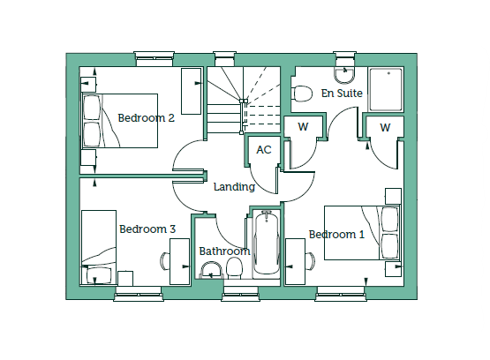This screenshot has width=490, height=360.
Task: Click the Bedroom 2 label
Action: click(x=146, y=118)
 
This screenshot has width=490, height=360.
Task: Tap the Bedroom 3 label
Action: click(x=147, y=229)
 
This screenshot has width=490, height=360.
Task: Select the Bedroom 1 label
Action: click(x=336, y=235)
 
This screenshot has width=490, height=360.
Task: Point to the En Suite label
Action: click(x=342, y=93)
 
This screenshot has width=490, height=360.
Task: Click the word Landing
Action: click(x=234, y=187)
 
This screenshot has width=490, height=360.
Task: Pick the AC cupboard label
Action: click(x=264, y=150)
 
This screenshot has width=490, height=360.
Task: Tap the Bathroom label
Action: click(x=224, y=251)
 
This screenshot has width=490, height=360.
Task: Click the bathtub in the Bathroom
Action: click(x=267, y=244)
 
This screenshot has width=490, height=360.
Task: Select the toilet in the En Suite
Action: click(x=302, y=94)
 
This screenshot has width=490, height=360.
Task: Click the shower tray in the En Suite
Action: click(x=385, y=89)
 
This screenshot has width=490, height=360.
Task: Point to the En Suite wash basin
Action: click(x=344, y=76)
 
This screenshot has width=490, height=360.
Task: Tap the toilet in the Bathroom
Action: click(x=234, y=268)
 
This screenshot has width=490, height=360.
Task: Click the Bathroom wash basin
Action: click(x=211, y=270)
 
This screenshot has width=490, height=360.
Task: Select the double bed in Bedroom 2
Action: click(x=120, y=121)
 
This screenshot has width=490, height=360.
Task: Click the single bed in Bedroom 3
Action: click(x=99, y=247)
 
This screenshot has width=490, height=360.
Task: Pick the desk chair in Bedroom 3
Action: click(x=165, y=261)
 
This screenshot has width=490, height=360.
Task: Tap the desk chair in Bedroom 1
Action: click(x=310, y=261)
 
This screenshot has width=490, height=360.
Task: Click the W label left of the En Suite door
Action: click(x=303, y=127)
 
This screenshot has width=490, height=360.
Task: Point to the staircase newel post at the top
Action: click(x=244, y=101)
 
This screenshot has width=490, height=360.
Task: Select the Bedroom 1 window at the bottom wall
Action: click(x=341, y=294)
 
